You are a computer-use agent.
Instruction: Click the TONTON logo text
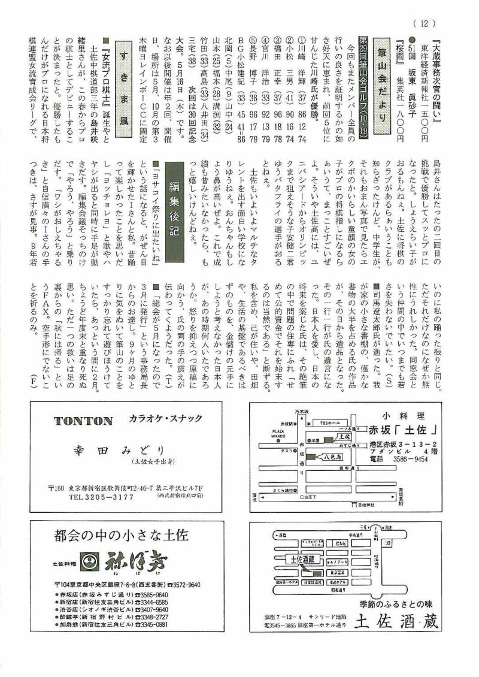point(83,420)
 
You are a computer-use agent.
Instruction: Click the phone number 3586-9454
point(407,459)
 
